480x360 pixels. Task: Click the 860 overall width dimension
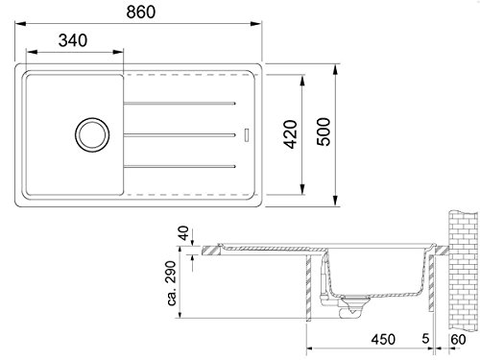[141, 12]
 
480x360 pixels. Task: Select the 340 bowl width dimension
[73, 40]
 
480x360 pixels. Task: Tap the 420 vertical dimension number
[291, 134]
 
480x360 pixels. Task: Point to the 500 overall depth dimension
[324, 132]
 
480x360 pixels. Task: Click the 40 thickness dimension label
[183, 233]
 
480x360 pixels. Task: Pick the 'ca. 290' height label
[172, 283]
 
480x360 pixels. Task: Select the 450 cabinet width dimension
[383, 339]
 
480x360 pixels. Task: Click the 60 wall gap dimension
[458, 339]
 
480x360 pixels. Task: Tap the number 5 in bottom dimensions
[425, 338]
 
